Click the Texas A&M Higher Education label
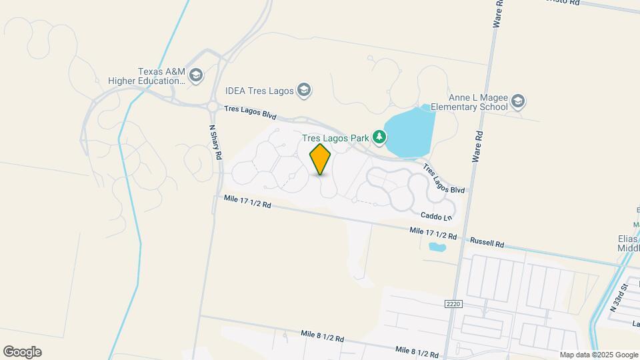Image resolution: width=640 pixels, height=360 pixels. [161, 76]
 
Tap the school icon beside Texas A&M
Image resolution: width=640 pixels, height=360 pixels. [195, 75]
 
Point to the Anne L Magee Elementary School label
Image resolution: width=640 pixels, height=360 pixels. [469, 102]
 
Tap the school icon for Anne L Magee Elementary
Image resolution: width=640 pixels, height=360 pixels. [518, 102]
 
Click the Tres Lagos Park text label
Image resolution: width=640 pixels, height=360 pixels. [335, 138]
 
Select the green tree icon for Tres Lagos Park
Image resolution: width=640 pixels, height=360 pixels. [379, 137]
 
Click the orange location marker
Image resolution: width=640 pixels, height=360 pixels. [320, 159]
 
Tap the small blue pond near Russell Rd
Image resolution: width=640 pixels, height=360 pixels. [437, 248]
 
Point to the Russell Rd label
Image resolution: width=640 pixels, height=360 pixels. [487, 242]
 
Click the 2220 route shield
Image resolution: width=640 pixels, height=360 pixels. [453, 304]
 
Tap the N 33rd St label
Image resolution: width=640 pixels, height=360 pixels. [619, 298]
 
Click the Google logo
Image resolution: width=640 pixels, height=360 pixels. [22, 352]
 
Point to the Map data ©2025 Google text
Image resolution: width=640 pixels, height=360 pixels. [598, 355]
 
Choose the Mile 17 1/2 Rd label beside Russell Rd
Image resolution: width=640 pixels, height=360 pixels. [433, 233]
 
